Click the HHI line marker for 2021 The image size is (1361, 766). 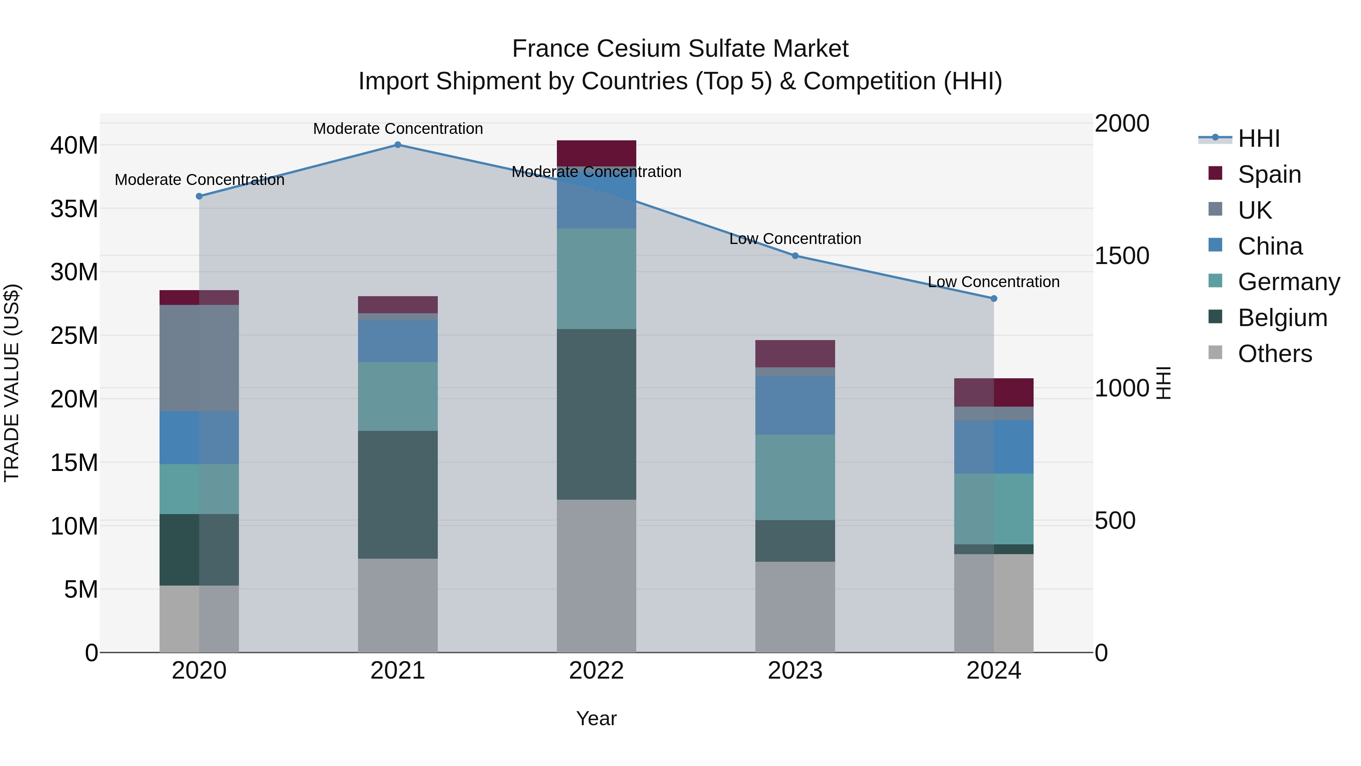(398, 145)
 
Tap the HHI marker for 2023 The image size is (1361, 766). (795, 256)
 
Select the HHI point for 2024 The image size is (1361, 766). (994, 299)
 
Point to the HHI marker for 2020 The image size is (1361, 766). (199, 196)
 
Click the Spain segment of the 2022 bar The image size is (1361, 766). (597, 153)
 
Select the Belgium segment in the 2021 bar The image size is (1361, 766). (398, 494)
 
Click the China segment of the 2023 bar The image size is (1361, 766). (795, 406)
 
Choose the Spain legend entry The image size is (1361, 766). (1269, 174)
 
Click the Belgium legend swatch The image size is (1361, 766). (1215, 317)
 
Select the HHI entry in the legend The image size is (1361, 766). (1259, 138)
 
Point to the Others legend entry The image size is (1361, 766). (1274, 354)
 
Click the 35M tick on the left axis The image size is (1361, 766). (74, 209)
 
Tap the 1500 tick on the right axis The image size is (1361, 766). (1122, 256)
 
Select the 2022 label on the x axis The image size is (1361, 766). (597, 671)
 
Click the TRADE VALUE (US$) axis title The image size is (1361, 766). (12, 383)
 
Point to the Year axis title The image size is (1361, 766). (597, 718)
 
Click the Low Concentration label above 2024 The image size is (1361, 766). (994, 282)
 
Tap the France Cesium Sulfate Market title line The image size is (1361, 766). (680, 49)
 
